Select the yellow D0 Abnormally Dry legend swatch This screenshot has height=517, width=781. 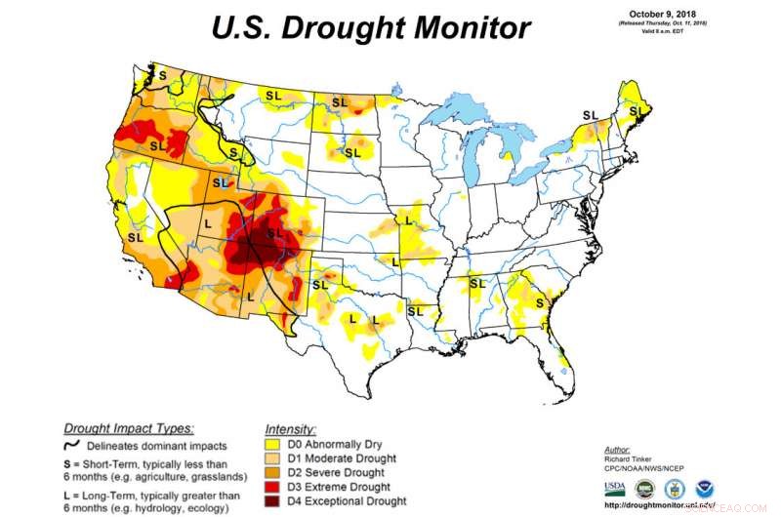[274, 444]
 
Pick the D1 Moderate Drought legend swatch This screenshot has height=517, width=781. [274, 458]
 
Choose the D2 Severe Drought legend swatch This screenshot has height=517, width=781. [274, 473]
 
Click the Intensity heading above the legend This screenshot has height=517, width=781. [290, 429]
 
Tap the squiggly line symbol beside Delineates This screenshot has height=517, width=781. [75, 445]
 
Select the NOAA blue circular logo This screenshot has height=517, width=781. [705, 488]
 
